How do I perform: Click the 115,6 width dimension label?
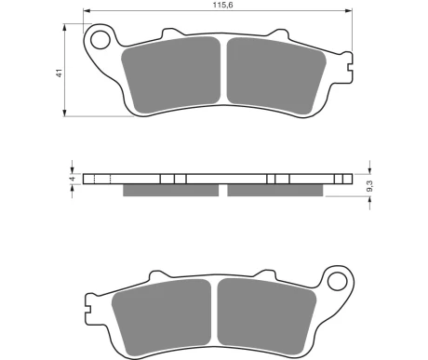[222, 5]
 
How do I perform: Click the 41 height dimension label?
[59, 73]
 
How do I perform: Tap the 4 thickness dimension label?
[73, 179]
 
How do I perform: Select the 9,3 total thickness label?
[369, 186]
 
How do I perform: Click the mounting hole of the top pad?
[100, 40]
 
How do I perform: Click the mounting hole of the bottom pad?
[337, 281]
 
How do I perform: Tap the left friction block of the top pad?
[171, 74]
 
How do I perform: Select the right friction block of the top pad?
[276, 75]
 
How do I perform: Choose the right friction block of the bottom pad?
[267, 316]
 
